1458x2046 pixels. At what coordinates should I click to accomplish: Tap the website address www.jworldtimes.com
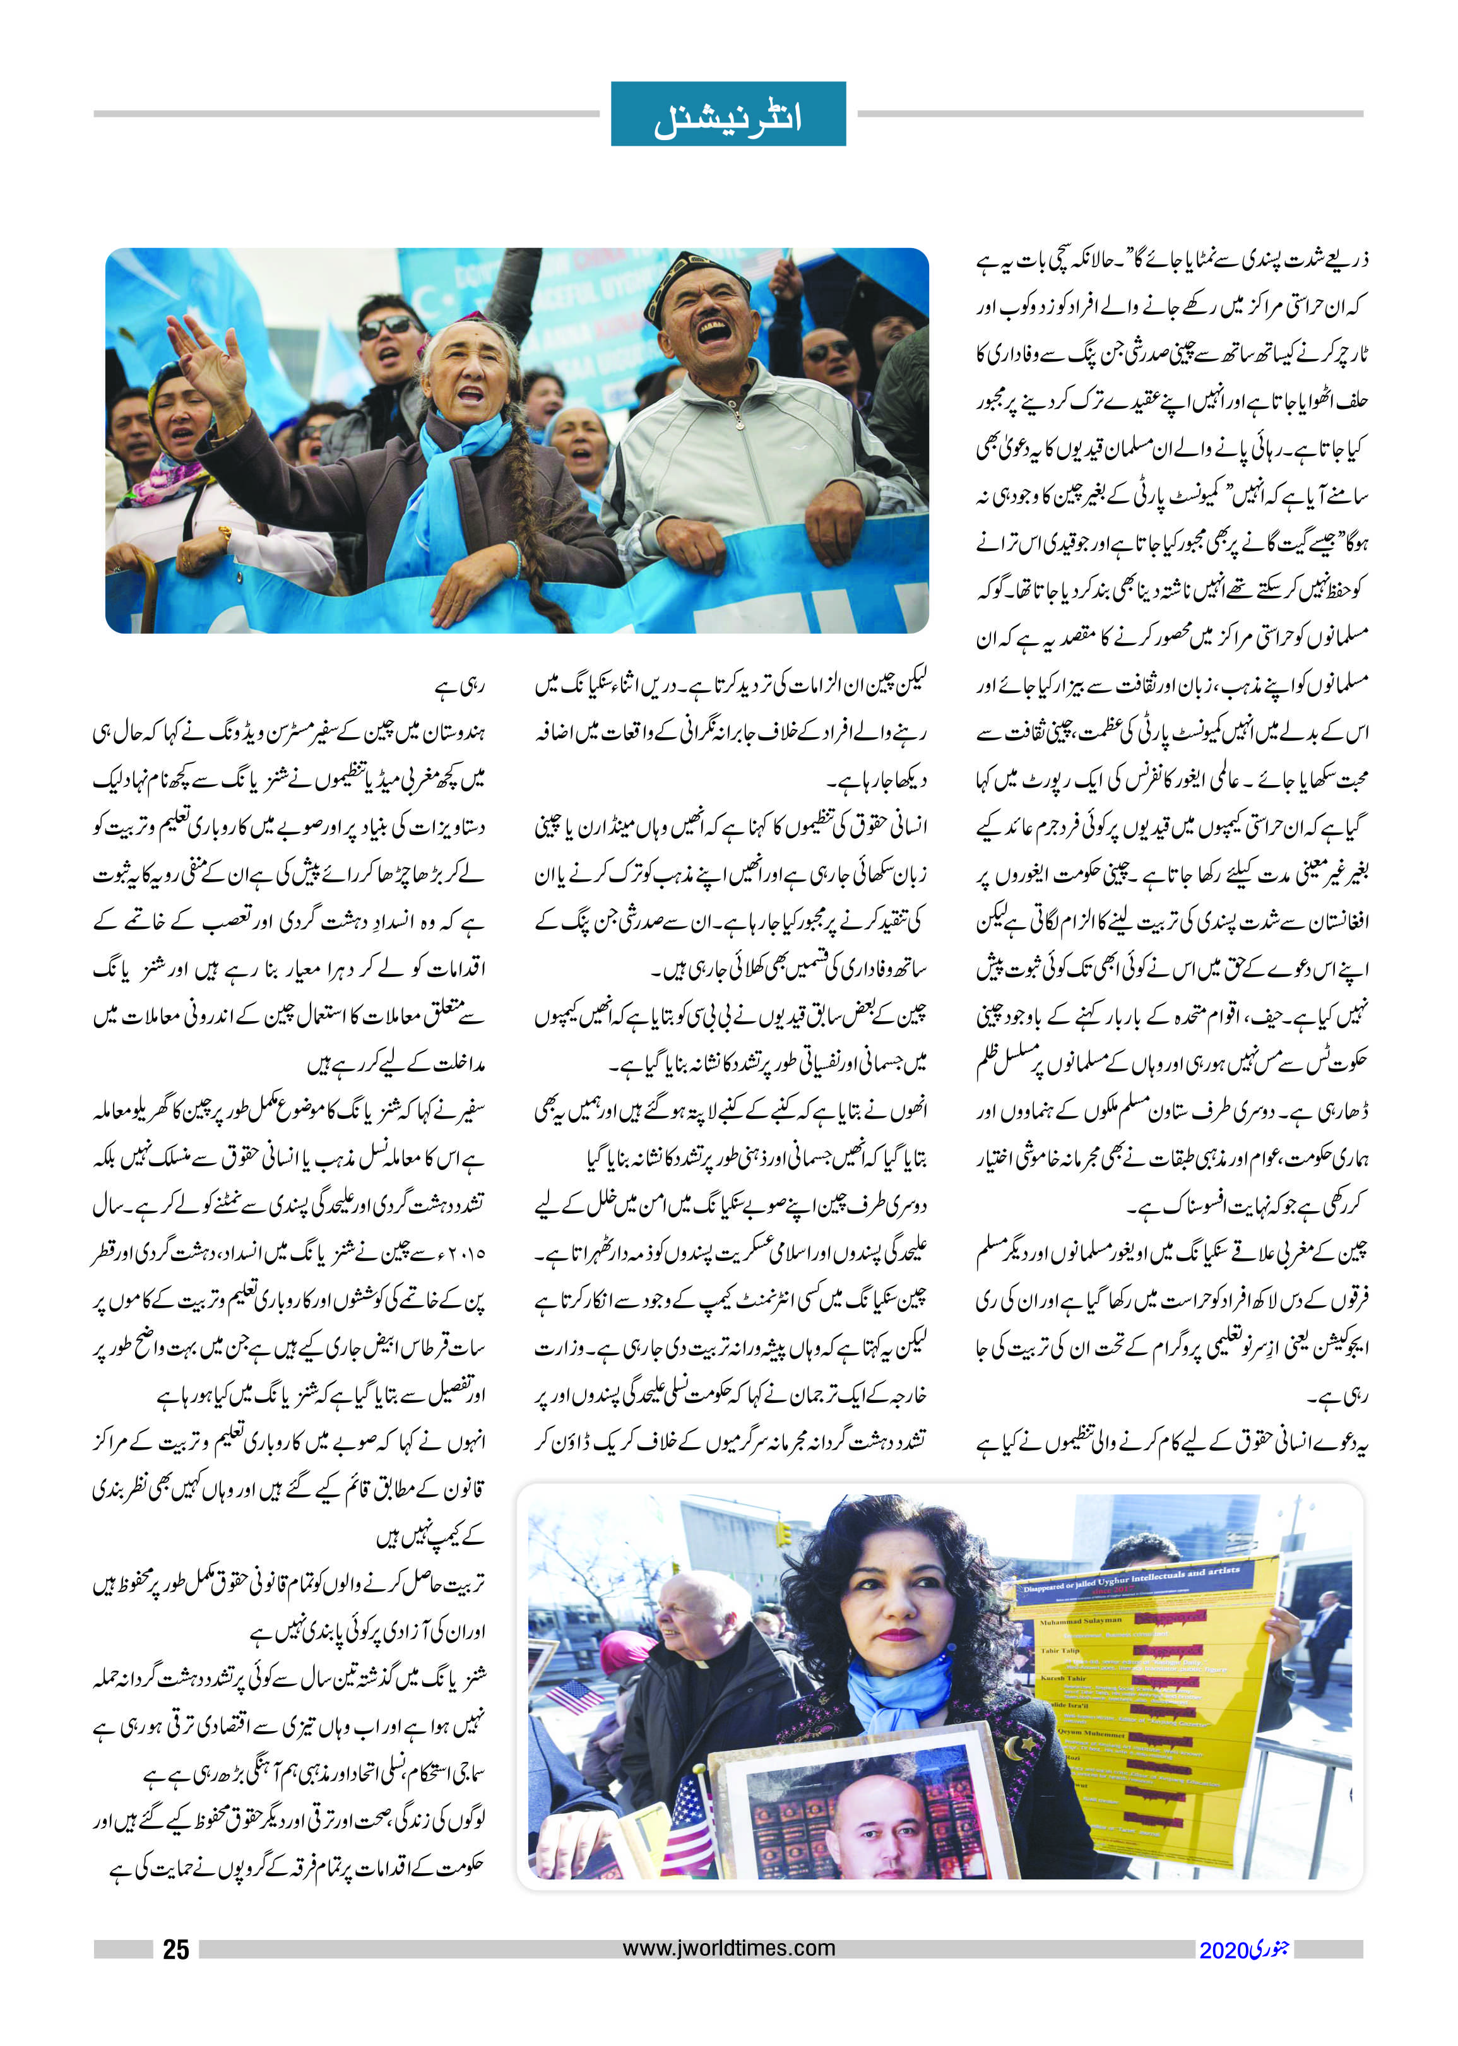click(728, 1948)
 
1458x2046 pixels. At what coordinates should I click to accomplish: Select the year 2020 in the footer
click(1224, 1950)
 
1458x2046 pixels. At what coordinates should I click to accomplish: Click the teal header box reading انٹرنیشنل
click(728, 114)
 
